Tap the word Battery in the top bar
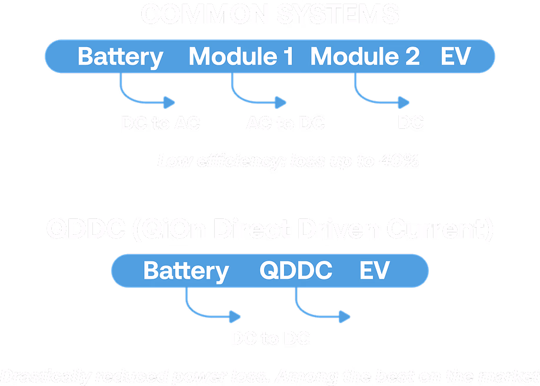121,57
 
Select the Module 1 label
241,57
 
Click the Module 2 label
365,57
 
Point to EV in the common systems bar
456,57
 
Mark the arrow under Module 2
381,97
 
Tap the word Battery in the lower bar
186,271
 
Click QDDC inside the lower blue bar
296,271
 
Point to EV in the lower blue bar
374,271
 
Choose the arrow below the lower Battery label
212,311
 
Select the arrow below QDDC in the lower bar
321,311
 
